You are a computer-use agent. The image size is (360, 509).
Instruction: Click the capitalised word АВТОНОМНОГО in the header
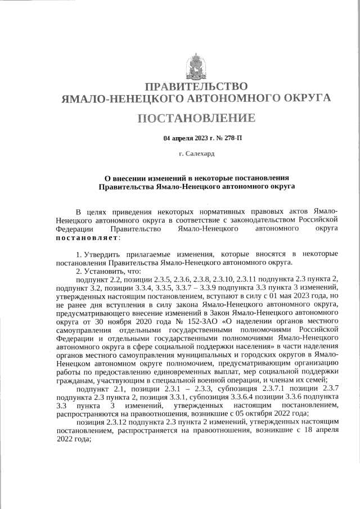point(222,98)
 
